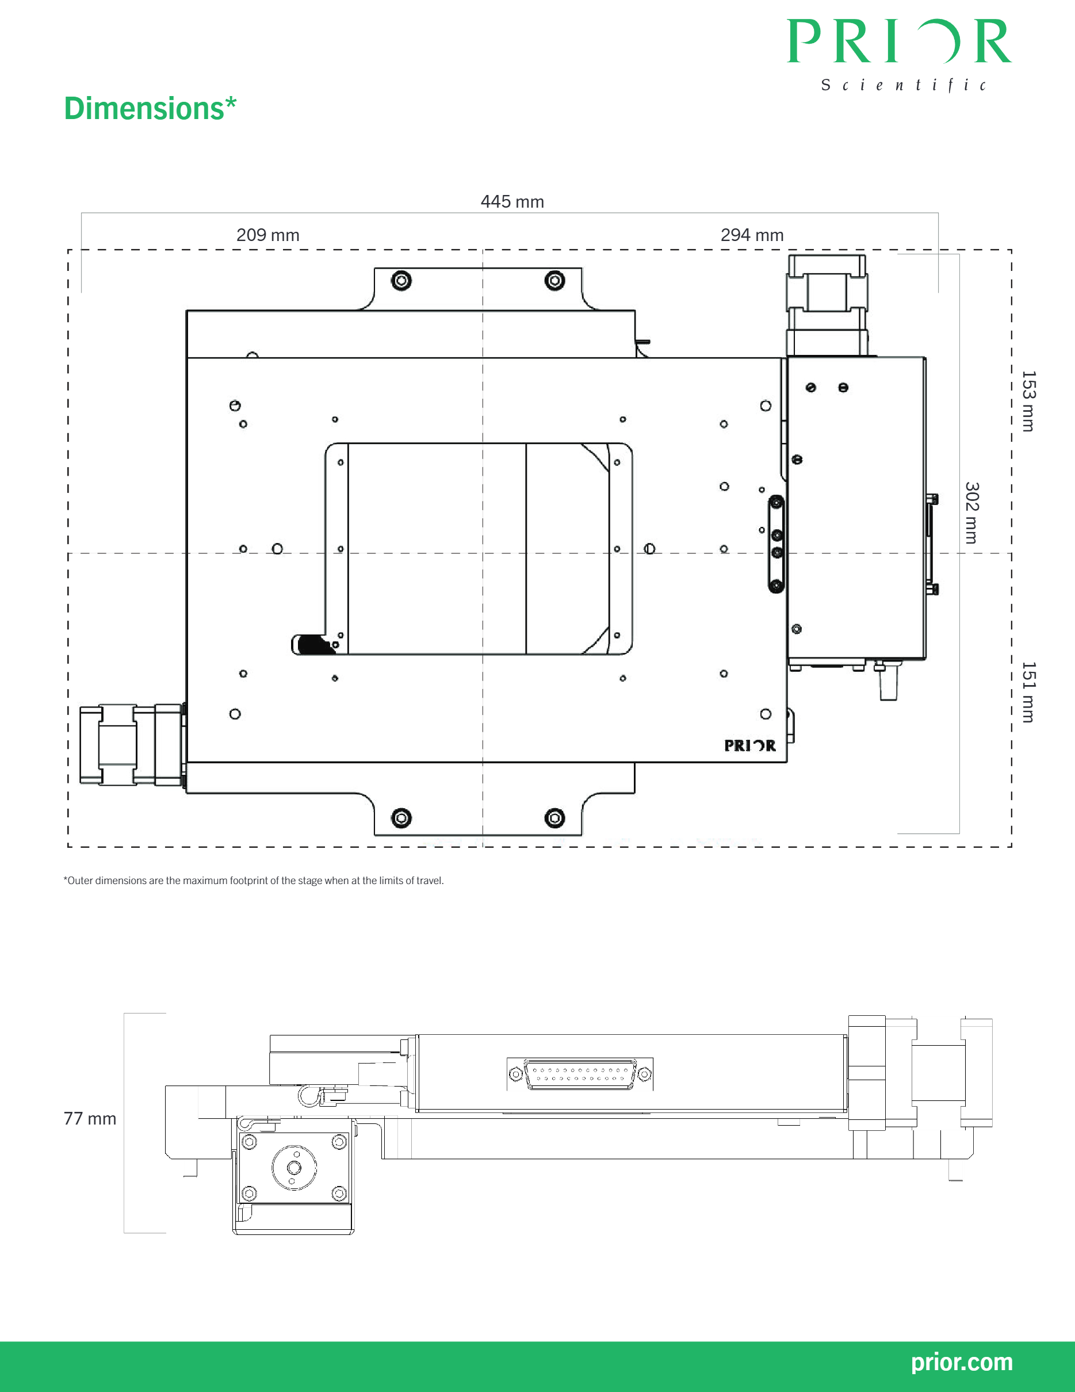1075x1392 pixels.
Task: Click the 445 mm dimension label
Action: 512,202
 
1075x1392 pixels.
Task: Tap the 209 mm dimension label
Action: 267,235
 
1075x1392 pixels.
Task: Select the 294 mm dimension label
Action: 752,235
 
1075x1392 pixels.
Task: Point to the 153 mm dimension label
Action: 1028,401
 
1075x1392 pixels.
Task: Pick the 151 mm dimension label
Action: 1028,692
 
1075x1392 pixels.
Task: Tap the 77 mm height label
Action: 90,1119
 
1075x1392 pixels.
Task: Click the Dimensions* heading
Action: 150,108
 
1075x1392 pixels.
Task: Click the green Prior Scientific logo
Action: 899,55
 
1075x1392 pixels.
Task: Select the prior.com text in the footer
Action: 962,1362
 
